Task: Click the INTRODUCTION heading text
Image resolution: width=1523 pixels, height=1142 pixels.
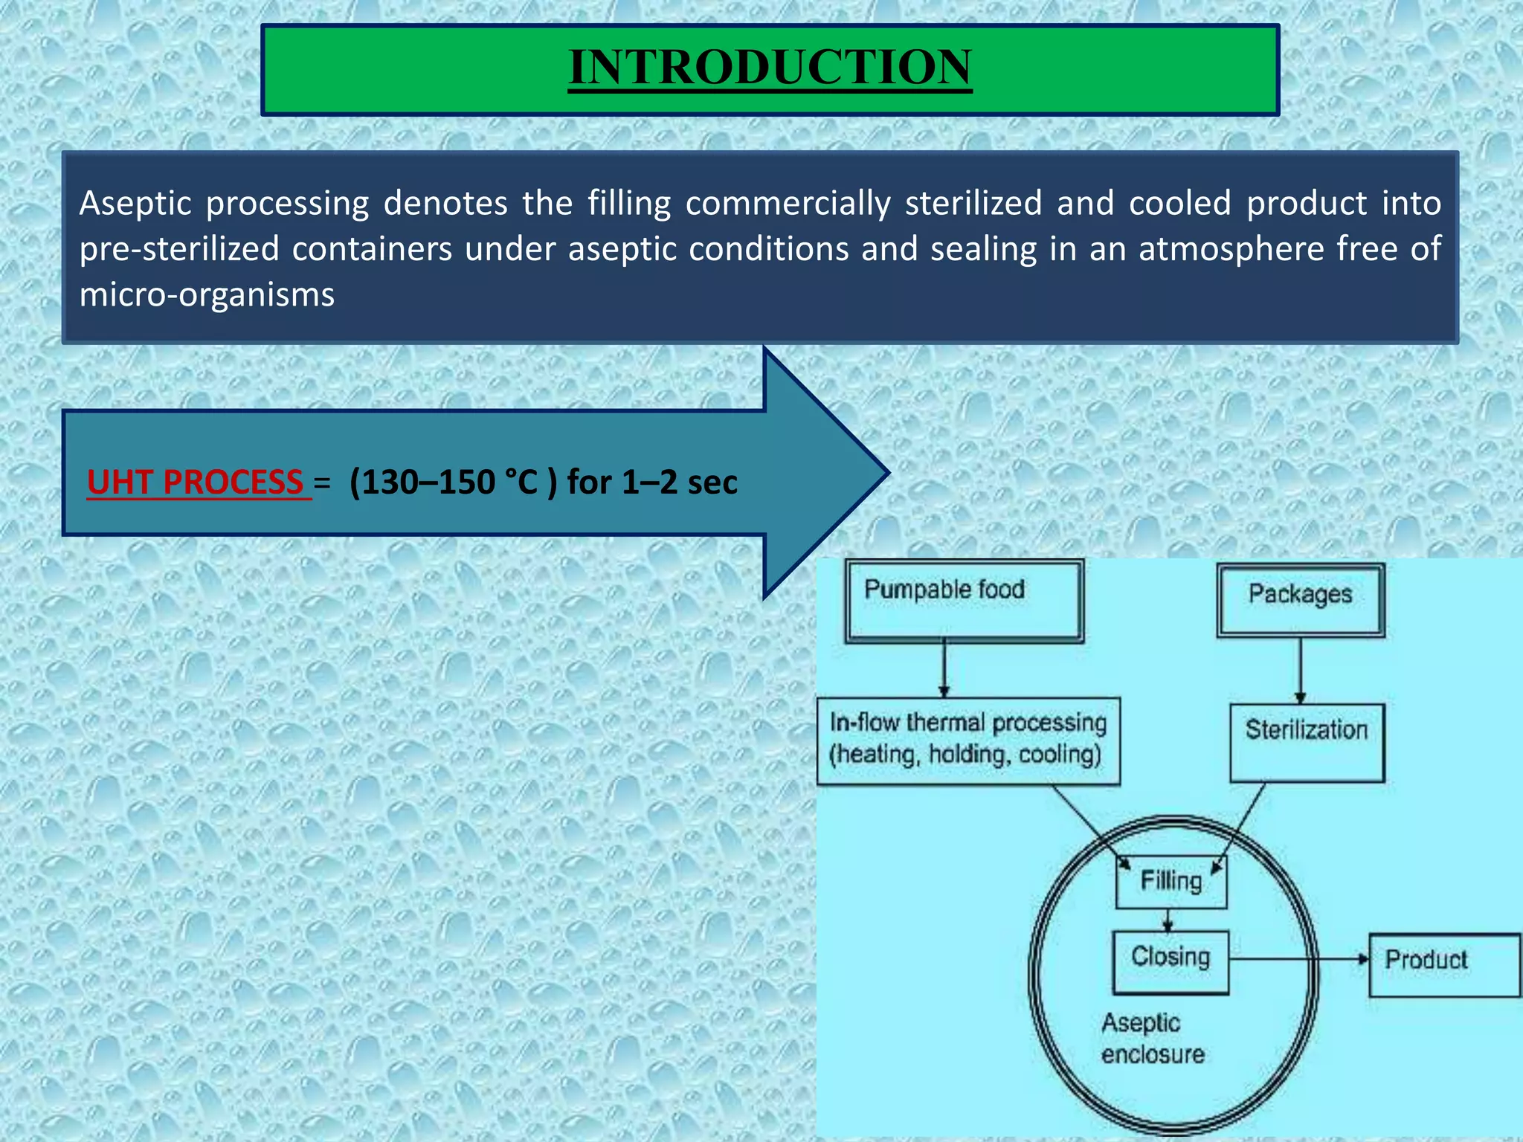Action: click(x=770, y=67)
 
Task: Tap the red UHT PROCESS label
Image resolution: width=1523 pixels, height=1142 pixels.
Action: click(x=196, y=482)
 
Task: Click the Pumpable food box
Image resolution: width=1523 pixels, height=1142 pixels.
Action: click(x=964, y=601)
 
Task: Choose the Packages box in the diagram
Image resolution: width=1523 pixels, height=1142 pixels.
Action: click(x=1300, y=599)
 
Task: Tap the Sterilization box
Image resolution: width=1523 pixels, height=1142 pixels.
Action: click(x=1307, y=741)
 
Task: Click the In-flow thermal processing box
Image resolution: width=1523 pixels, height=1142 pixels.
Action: click(x=967, y=740)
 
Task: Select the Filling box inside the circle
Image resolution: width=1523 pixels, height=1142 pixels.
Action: click(x=1171, y=882)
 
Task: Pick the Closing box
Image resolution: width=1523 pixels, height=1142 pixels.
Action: click(x=1171, y=961)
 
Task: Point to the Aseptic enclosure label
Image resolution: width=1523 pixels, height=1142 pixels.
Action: click(x=1152, y=1039)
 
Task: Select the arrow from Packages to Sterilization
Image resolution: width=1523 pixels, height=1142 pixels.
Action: click(x=1300, y=670)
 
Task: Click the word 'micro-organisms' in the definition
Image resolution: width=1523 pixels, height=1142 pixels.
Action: click(x=207, y=295)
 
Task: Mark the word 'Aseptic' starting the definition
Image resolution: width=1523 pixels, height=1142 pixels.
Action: click(x=135, y=204)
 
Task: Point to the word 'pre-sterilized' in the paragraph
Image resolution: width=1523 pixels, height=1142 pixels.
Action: click(x=179, y=249)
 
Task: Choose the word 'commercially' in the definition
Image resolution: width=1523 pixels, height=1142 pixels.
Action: click(x=788, y=204)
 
